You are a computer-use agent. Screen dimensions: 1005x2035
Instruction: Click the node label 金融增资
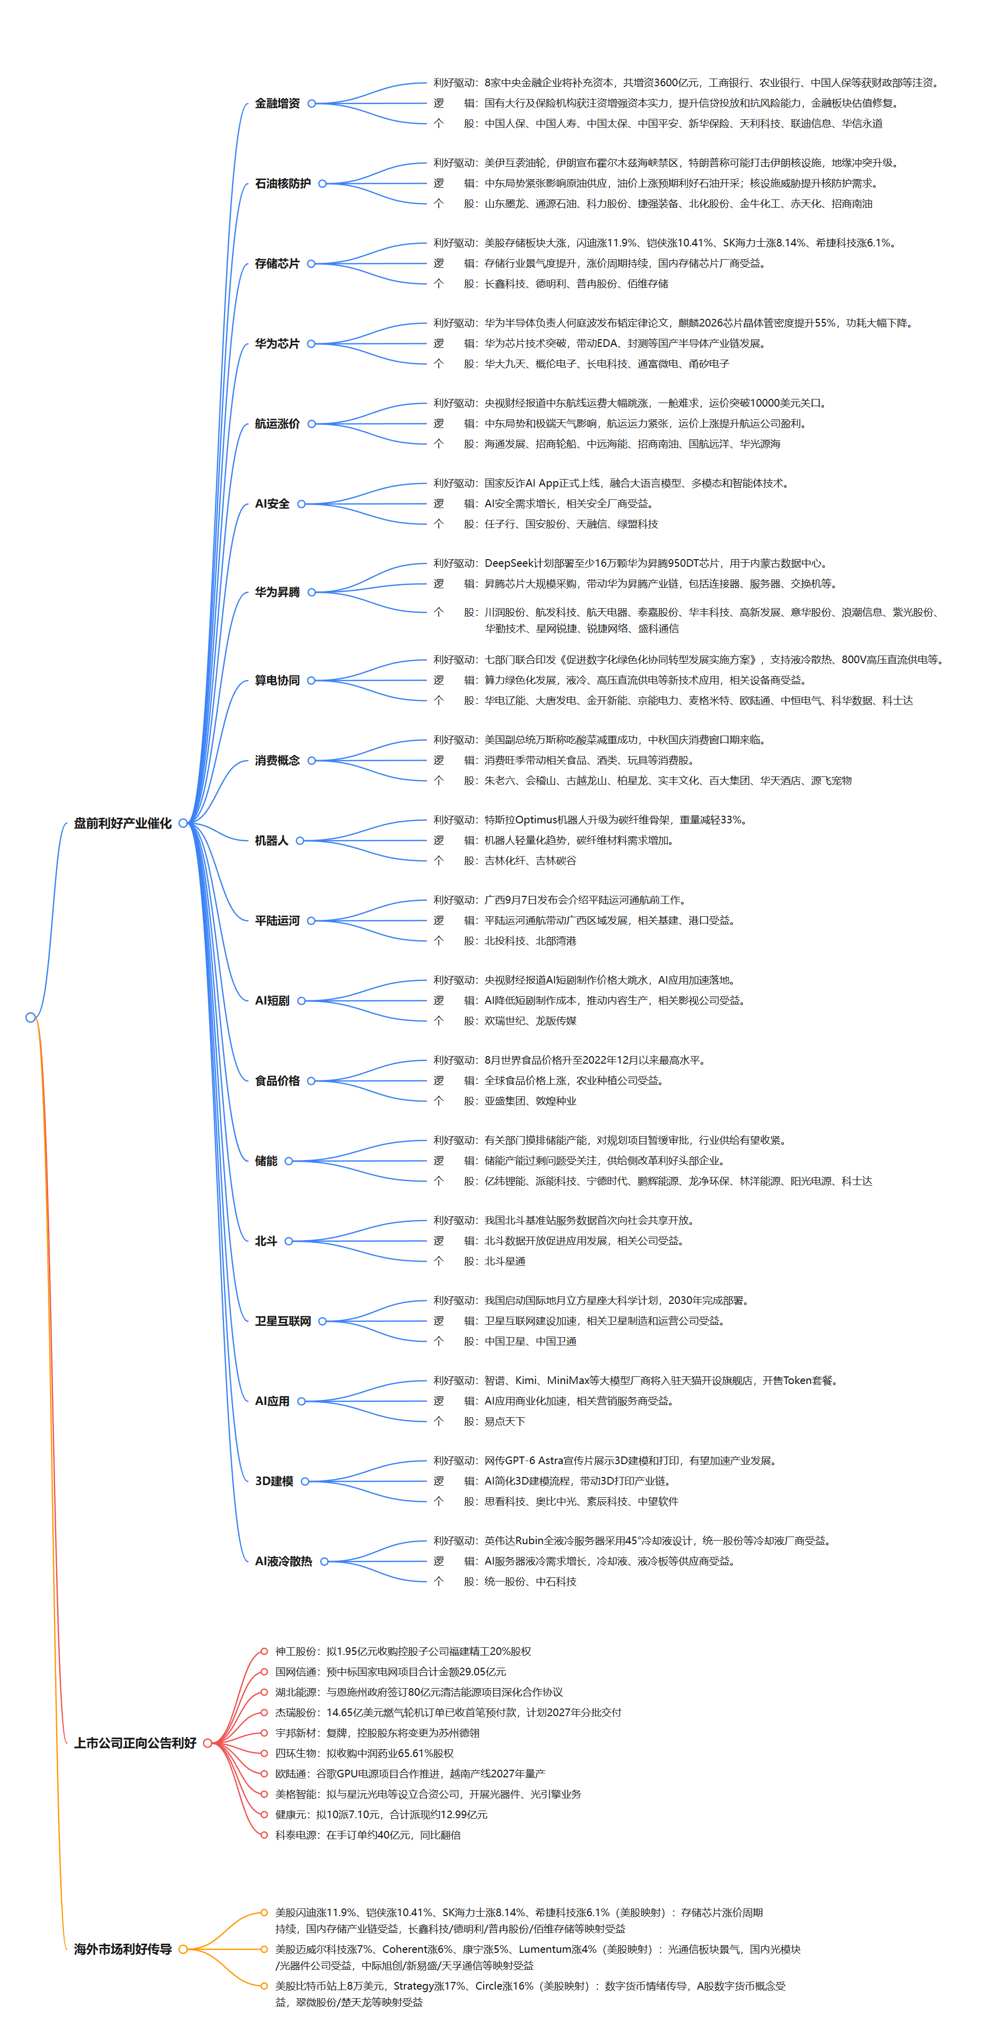[x=278, y=104]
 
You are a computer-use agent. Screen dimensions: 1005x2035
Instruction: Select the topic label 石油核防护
[x=283, y=183]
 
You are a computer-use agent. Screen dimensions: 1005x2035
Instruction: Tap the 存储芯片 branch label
[x=278, y=264]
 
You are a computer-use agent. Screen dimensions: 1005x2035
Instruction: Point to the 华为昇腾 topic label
[x=278, y=592]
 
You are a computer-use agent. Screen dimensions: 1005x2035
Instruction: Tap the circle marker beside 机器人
[x=300, y=841]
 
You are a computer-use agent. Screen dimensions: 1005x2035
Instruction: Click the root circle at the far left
[x=31, y=1017]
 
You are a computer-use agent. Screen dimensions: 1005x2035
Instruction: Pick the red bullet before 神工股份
[x=265, y=1651]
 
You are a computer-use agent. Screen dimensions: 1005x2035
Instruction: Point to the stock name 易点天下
[x=505, y=1421]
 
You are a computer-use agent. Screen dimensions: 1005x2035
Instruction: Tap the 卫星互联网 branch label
[x=283, y=1321]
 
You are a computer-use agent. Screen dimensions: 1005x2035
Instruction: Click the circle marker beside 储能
[x=289, y=1161]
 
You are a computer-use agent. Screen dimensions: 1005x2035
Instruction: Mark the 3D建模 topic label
[x=274, y=1481]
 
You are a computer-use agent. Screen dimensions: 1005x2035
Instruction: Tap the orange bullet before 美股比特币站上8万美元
[x=265, y=1985]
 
